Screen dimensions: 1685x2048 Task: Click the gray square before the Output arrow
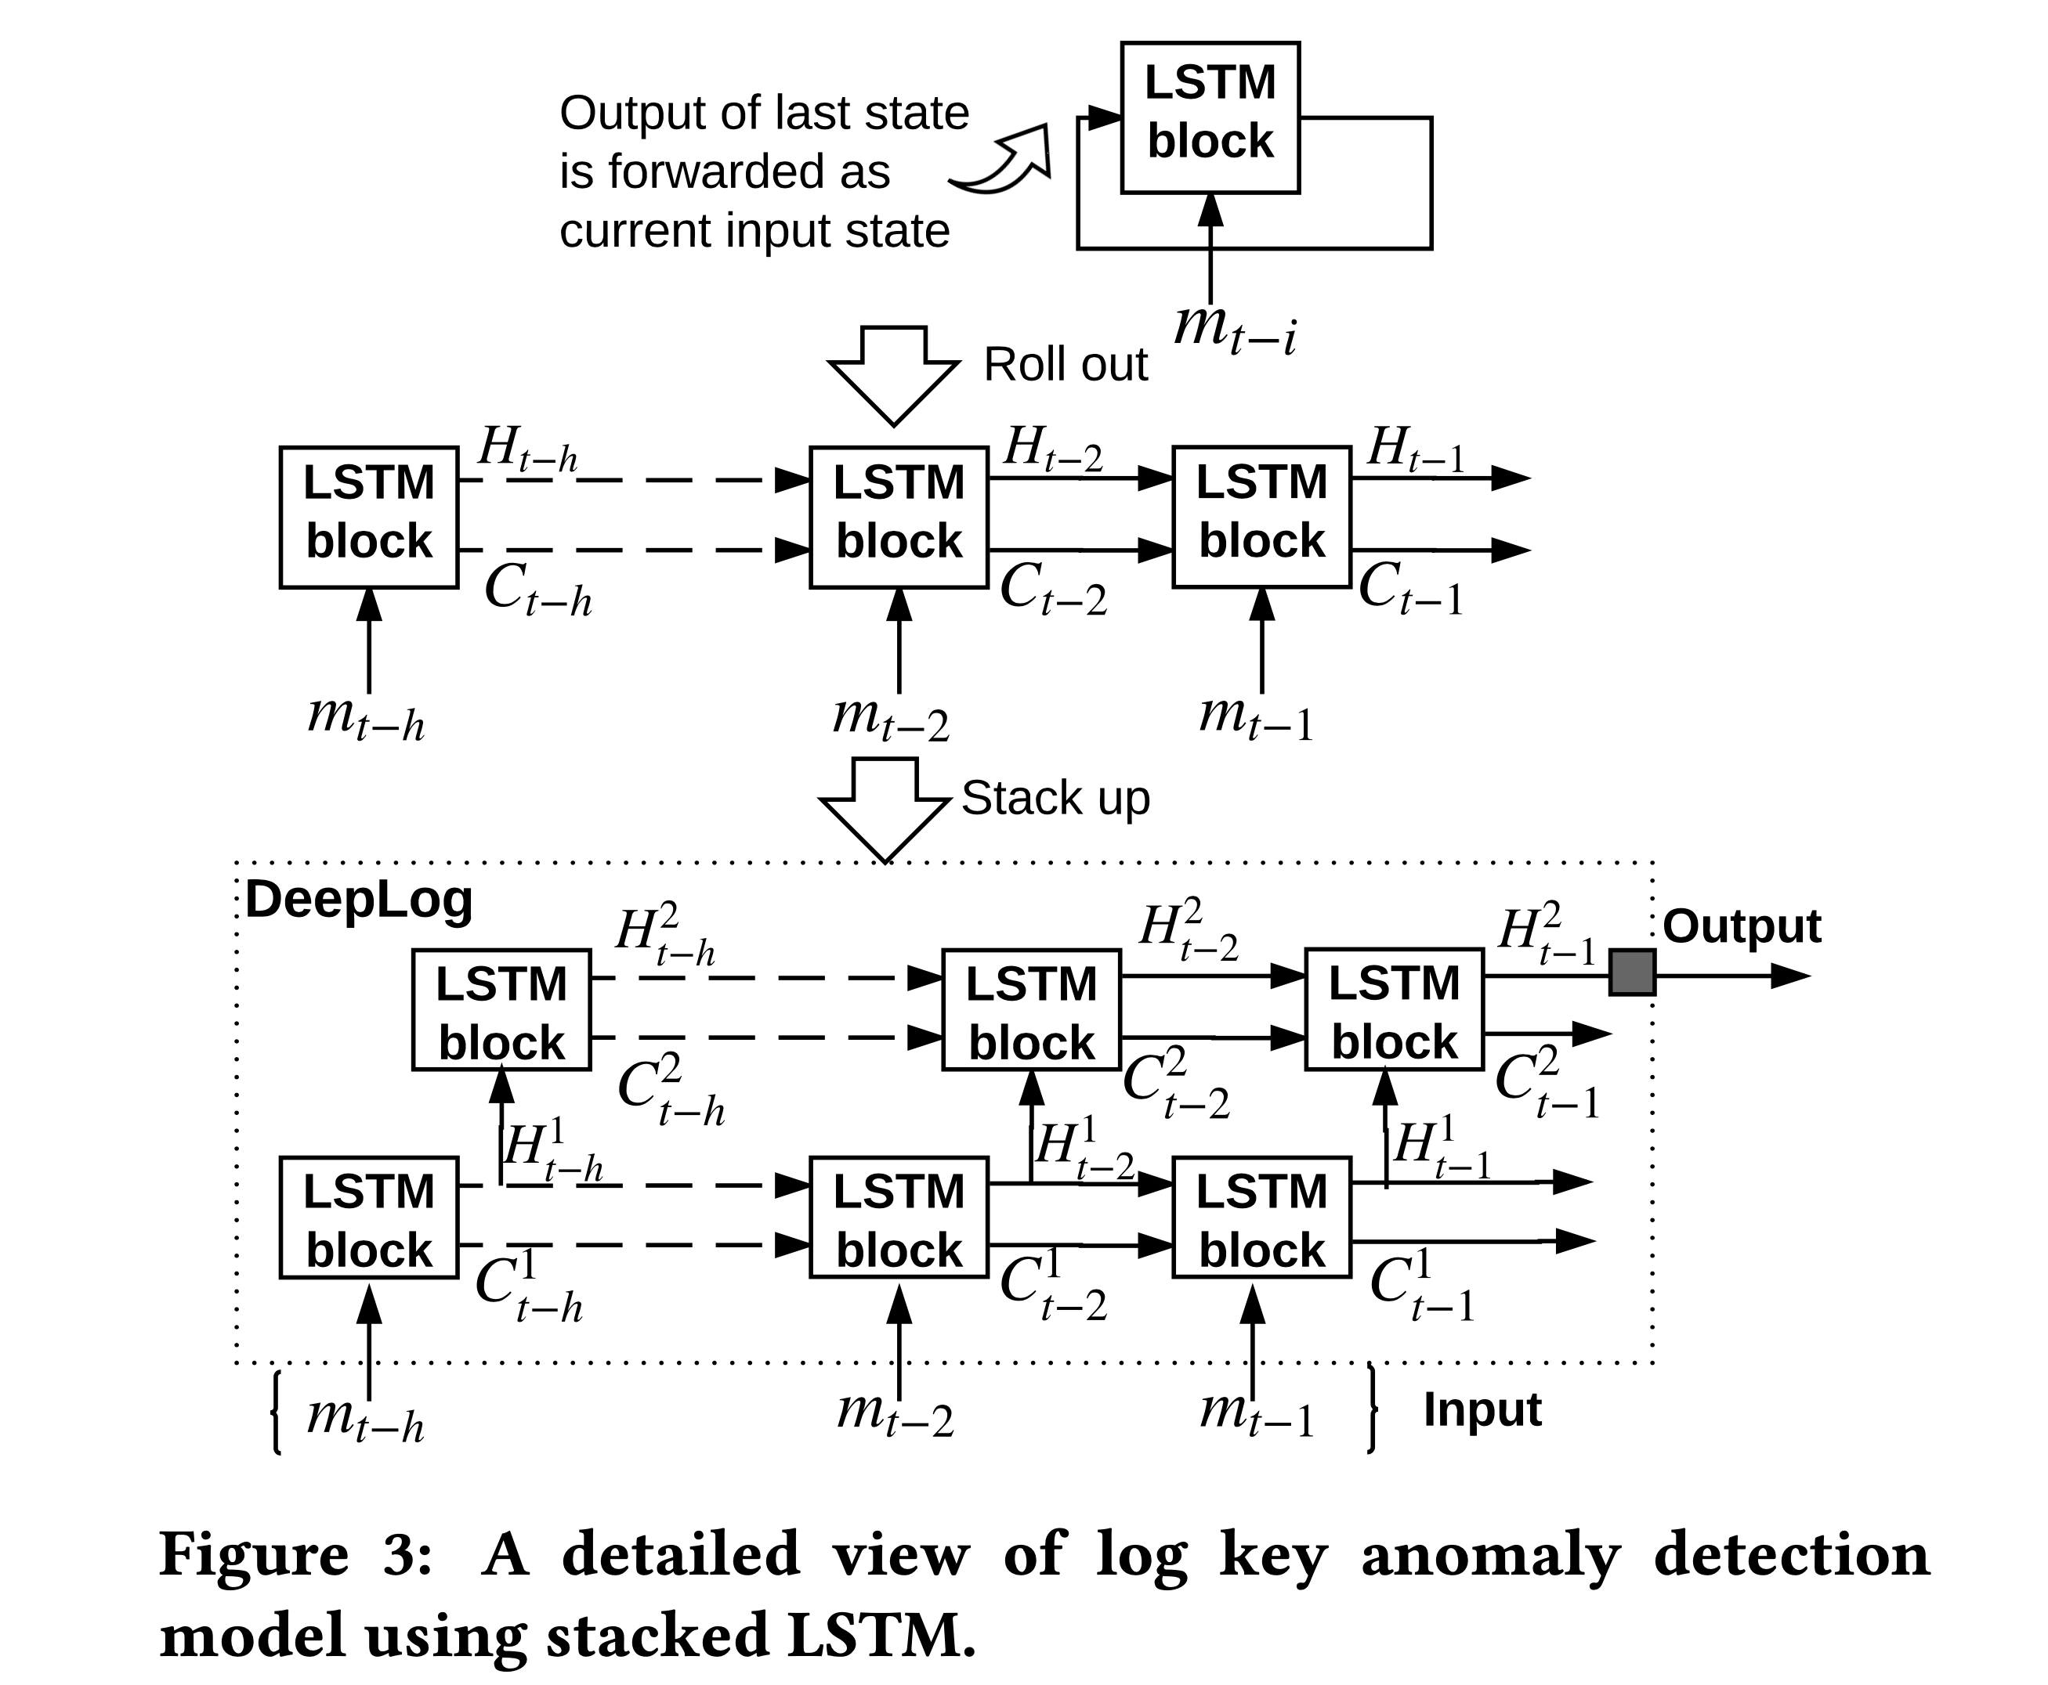(x=1631, y=973)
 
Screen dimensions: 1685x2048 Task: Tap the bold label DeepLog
(x=358, y=900)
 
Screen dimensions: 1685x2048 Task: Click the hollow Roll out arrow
(x=893, y=373)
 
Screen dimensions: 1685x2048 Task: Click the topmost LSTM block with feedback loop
(x=1209, y=117)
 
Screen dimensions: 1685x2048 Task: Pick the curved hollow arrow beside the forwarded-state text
(x=1005, y=163)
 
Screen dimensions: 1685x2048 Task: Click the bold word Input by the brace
(x=1481, y=1409)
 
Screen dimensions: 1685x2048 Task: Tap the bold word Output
(x=1741, y=926)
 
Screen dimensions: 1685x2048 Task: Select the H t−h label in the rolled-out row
(x=527, y=450)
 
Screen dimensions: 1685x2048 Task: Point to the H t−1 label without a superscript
(x=1415, y=450)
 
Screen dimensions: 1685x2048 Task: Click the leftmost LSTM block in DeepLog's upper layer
(x=501, y=1010)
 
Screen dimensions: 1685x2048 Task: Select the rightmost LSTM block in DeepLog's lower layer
(x=1261, y=1217)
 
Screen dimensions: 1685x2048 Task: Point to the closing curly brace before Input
(x=1371, y=1409)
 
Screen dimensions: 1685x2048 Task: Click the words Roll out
(x=1066, y=365)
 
